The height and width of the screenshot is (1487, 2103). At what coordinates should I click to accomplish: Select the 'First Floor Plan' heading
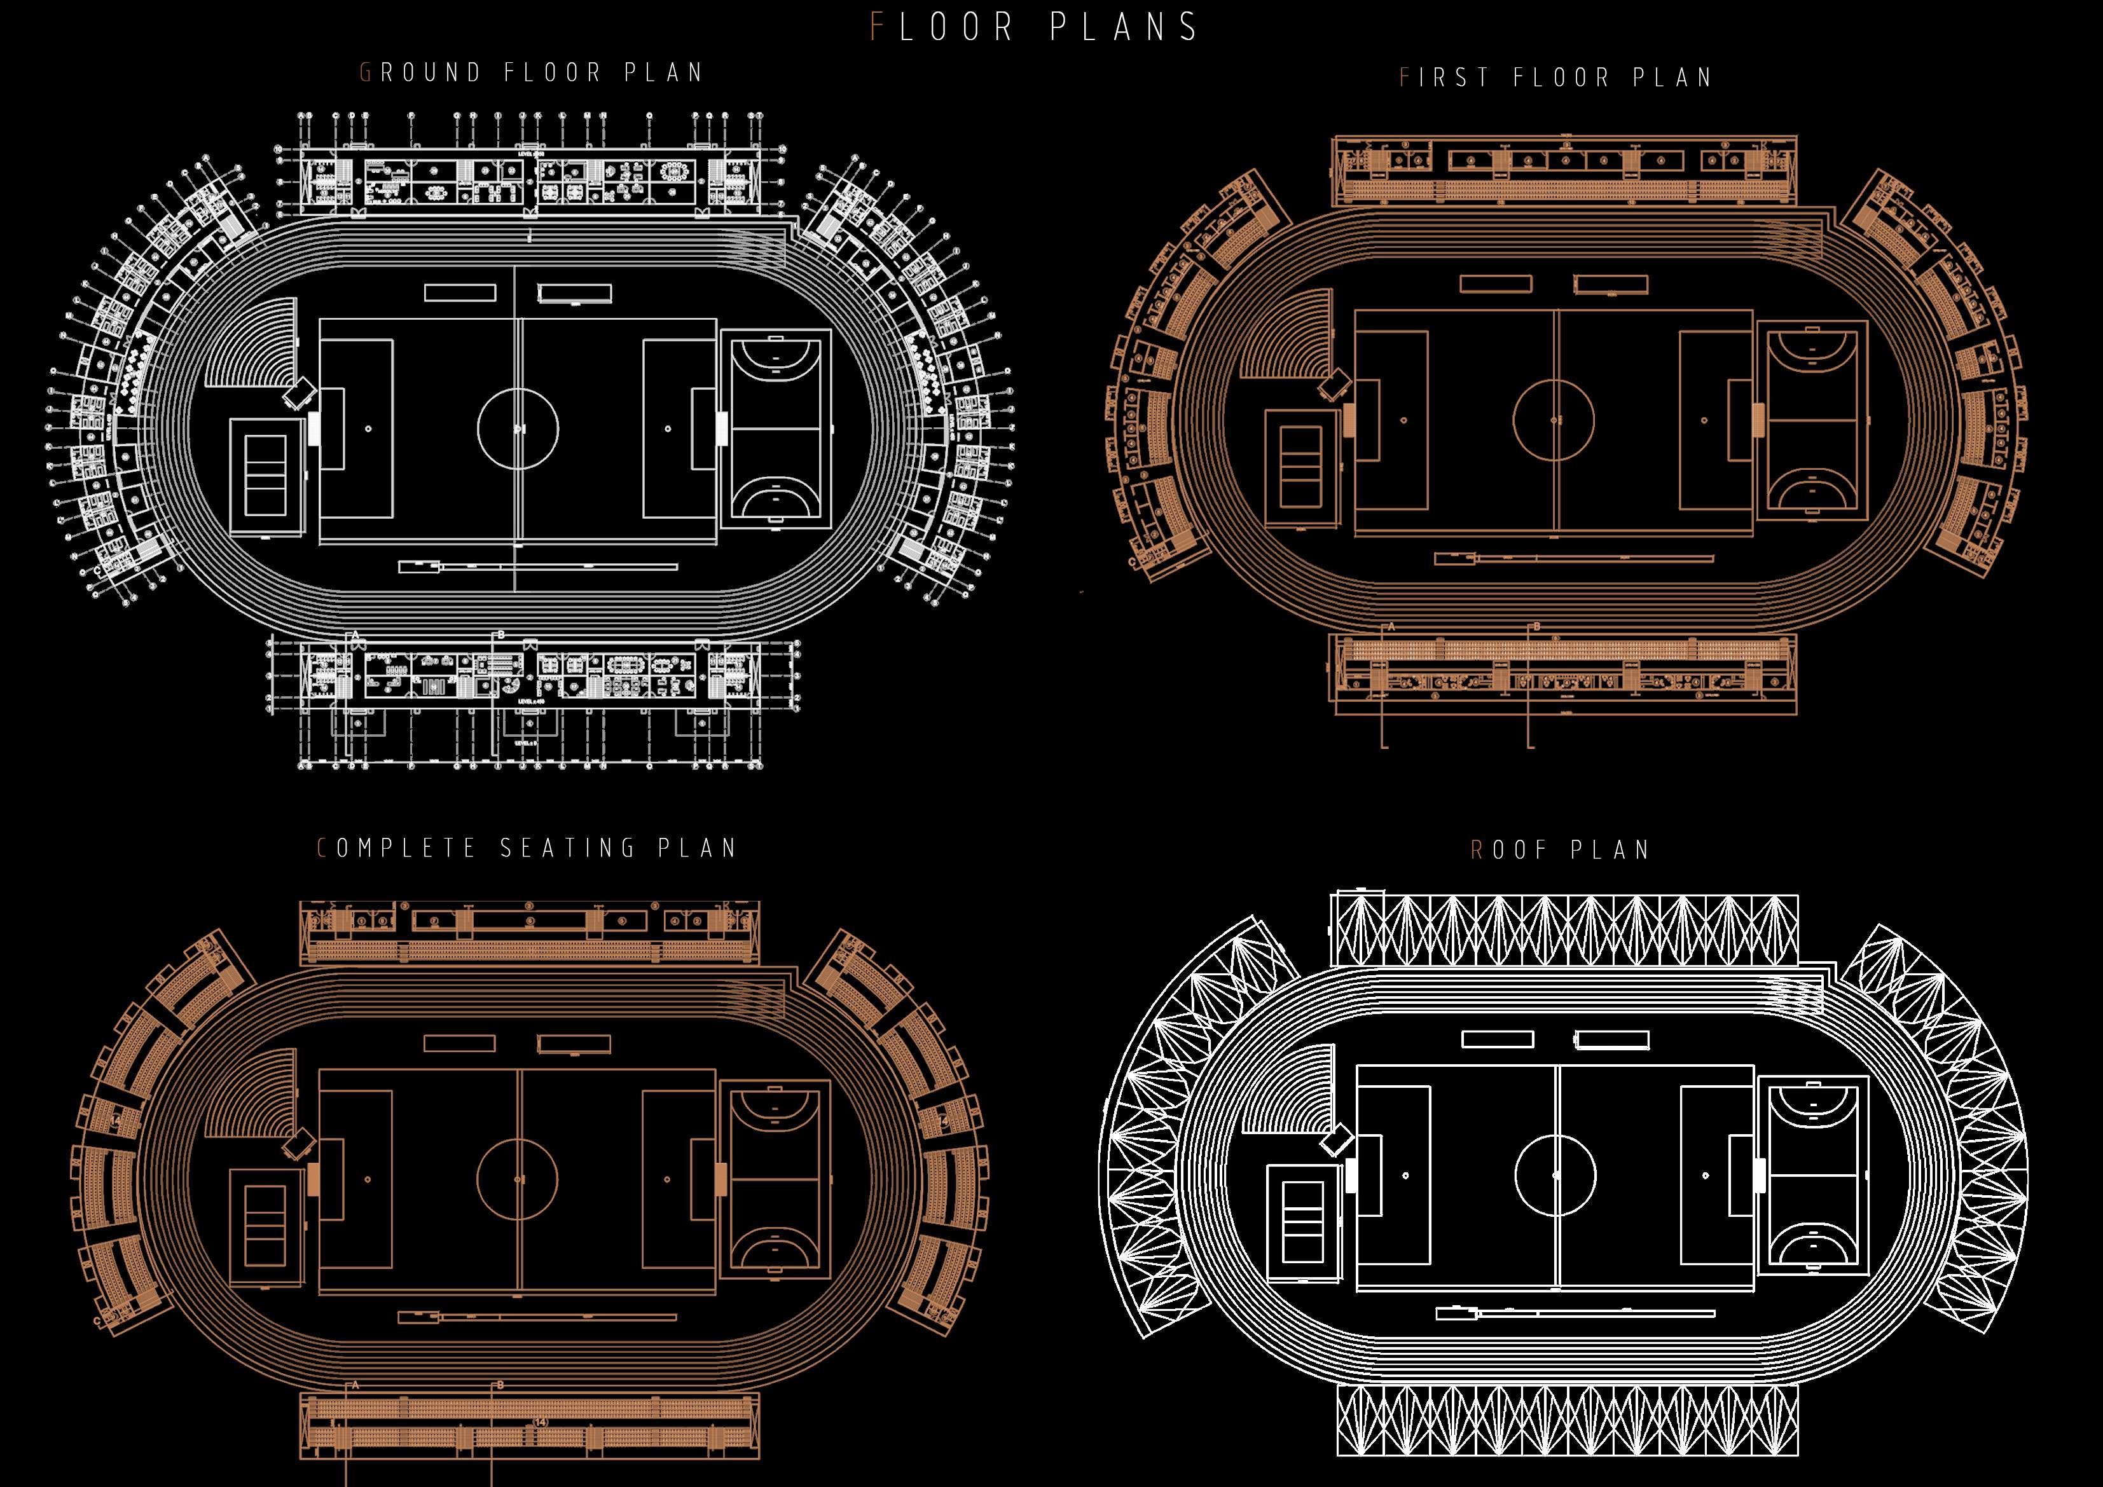(x=1556, y=78)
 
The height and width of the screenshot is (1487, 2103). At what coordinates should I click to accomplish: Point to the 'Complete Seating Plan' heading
(x=527, y=848)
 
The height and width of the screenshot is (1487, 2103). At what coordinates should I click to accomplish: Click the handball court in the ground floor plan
(x=775, y=428)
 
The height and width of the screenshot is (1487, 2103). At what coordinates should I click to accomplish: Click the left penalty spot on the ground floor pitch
(x=368, y=428)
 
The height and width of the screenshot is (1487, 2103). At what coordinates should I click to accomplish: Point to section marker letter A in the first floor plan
(x=1391, y=627)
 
